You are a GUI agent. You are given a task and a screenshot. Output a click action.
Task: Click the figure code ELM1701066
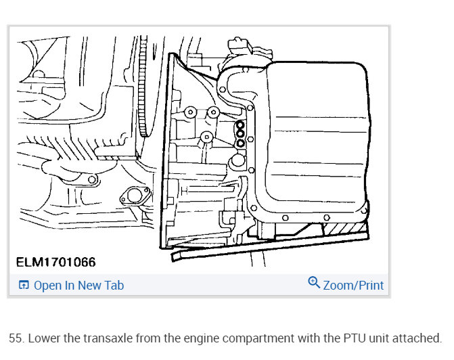point(55,261)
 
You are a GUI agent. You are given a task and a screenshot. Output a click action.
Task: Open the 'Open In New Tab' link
point(78,285)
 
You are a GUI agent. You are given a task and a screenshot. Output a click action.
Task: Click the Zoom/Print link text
point(353,285)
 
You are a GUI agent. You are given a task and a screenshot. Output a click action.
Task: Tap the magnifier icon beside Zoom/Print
point(314,283)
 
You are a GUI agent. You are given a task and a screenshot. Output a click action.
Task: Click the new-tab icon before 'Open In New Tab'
point(24,286)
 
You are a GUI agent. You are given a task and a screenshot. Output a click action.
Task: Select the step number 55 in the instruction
point(16,338)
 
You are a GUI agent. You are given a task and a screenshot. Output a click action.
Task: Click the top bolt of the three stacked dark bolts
point(240,125)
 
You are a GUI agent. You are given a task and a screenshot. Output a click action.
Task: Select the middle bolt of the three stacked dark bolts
point(240,134)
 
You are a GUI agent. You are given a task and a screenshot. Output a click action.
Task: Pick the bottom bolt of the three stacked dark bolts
point(240,143)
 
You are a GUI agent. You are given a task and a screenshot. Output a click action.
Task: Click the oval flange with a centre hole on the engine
point(133,198)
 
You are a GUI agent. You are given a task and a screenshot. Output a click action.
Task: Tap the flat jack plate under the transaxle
point(271,248)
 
